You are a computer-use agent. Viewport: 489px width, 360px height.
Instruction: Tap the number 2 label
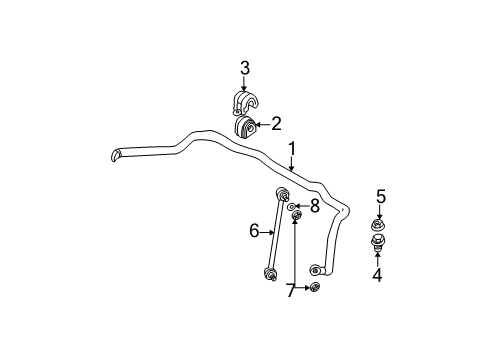click(275, 124)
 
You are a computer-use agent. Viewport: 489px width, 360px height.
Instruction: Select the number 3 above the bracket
click(244, 68)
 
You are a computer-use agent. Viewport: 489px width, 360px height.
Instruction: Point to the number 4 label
click(377, 275)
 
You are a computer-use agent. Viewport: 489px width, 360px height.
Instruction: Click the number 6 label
click(254, 232)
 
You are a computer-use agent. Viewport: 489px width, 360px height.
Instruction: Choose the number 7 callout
click(290, 290)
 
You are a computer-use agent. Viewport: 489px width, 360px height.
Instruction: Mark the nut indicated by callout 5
click(379, 224)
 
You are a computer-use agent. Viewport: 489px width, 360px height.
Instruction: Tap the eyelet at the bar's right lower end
click(317, 269)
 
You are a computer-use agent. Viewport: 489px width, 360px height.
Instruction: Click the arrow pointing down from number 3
click(243, 84)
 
